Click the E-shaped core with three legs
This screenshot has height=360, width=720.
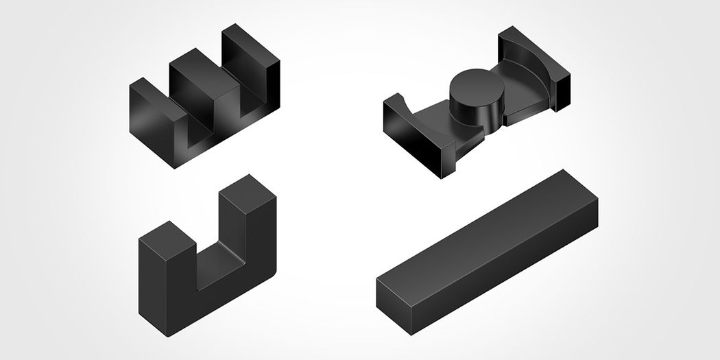pyautogui.click(x=206, y=96)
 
